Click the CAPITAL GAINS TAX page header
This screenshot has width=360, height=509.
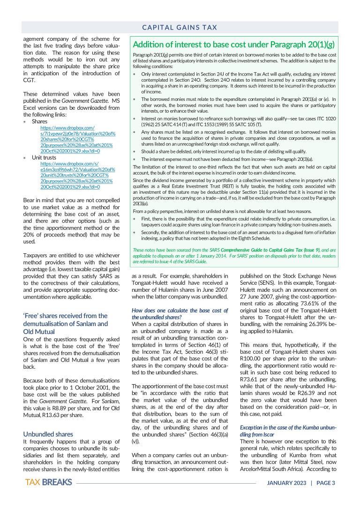click(180, 28)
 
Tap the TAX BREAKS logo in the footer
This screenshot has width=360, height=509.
click(49, 482)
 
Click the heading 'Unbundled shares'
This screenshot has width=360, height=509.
click(48, 434)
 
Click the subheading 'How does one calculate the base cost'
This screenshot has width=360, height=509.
click(180, 314)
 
